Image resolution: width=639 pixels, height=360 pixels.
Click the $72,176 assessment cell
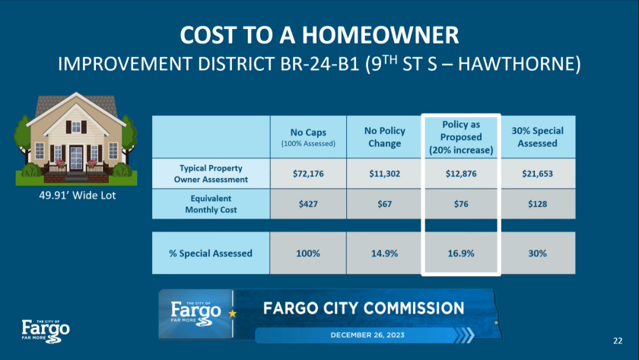(308, 174)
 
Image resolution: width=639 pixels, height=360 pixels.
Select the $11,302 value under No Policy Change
(384, 174)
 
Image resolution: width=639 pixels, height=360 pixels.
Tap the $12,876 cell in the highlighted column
(461, 174)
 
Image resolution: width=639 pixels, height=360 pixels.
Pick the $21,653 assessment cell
(537, 174)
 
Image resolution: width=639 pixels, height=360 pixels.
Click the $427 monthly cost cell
(308, 204)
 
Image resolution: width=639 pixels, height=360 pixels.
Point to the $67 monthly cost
(384, 204)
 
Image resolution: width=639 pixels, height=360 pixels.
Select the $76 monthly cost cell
(461, 204)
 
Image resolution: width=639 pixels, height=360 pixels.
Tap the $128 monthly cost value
(537, 204)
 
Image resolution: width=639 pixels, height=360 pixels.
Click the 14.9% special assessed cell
(384, 253)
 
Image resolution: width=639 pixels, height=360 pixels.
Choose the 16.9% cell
(461, 253)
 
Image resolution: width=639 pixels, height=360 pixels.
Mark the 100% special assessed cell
(308, 253)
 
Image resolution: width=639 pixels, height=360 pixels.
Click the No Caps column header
(308, 137)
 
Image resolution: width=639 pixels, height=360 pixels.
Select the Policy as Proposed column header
(461, 138)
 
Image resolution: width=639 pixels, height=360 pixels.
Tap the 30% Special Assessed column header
(537, 137)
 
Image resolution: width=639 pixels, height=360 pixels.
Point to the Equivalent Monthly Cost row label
(211, 204)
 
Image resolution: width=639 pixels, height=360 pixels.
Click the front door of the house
(76, 158)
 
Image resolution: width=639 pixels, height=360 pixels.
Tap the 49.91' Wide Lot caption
(78, 196)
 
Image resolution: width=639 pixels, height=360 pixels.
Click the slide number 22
(618, 341)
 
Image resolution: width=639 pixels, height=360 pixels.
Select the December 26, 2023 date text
(367, 335)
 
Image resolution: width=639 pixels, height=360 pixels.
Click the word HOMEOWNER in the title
(380, 35)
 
